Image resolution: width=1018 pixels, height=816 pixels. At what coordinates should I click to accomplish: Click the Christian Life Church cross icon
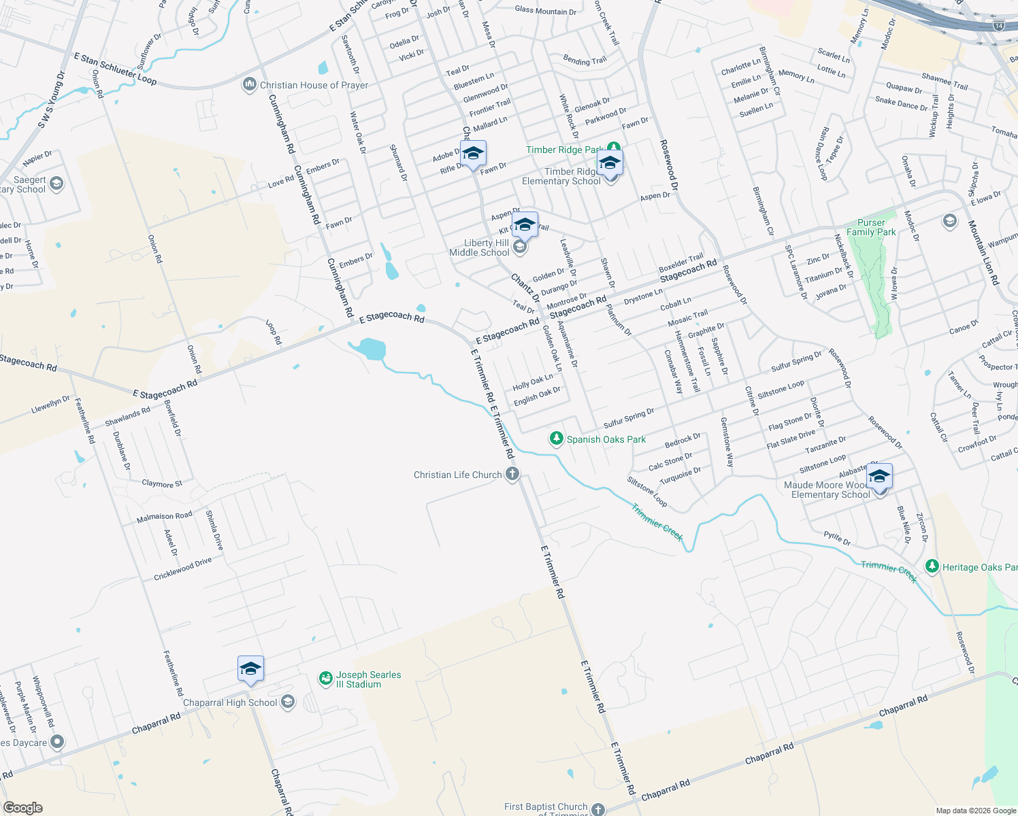512,475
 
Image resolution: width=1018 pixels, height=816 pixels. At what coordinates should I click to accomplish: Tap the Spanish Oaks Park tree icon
557,439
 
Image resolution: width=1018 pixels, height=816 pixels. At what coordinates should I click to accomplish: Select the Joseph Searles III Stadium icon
326,679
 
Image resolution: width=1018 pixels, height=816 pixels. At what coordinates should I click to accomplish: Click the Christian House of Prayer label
314,85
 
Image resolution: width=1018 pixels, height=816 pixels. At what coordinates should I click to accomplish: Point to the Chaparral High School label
230,702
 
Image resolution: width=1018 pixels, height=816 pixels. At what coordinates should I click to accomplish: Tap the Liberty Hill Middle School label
479,248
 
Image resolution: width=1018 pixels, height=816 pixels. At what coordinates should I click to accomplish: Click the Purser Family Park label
871,227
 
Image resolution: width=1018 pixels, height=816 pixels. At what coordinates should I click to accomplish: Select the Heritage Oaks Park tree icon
932,566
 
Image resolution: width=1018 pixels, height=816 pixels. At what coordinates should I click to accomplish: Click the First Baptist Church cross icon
597,809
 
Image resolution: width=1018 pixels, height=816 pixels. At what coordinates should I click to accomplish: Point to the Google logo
22,808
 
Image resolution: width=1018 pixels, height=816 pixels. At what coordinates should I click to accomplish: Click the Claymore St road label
162,483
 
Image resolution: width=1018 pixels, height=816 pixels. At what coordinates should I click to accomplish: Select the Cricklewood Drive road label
182,569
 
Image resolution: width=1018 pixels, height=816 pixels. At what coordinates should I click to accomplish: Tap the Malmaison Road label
164,517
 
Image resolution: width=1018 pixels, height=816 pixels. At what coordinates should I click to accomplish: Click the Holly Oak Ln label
532,383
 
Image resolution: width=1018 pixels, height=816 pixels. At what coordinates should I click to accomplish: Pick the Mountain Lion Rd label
983,252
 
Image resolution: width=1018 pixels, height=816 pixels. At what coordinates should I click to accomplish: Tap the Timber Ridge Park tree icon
614,148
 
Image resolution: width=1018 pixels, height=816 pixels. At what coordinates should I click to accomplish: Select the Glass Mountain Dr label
545,11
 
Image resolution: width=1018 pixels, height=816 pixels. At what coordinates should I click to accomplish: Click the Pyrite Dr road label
837,539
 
